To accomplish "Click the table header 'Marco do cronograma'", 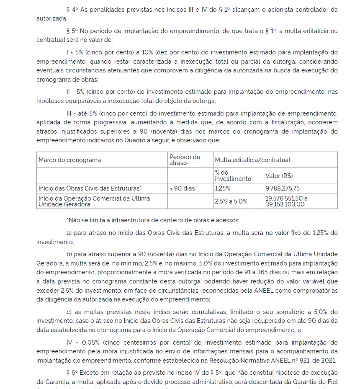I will tap(69, 160).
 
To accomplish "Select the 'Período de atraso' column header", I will tap(185, 160).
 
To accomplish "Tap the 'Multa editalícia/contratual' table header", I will tap(252, 160).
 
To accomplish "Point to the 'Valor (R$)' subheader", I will tap(279, 175).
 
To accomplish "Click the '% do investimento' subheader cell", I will tap(233, 175).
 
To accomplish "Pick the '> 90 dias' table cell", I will tap(182, 188).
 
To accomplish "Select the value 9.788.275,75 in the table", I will tap(283, 188).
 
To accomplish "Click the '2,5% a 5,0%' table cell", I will tap(231, 201).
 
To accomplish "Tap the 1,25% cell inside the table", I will tap(222, 188).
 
